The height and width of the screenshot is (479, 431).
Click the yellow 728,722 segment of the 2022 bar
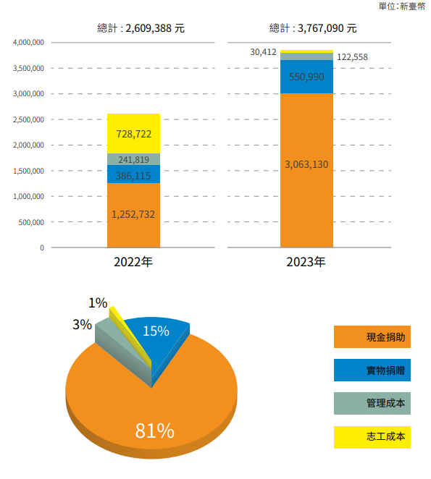click(133, 133)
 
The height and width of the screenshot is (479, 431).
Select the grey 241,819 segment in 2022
click(133, 159)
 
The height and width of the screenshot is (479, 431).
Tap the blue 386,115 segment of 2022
click(133, 174)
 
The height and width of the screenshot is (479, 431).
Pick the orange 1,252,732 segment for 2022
click(133, 215)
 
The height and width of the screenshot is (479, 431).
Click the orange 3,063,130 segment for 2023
click(306, 170)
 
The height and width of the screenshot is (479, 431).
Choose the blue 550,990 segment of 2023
click(306, 77)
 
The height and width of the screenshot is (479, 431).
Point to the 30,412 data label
click(263, 52)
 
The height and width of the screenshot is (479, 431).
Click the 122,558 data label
click(352, 57)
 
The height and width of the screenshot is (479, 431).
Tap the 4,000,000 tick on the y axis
click(28, 42)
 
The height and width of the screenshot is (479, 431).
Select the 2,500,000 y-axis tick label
click(28, 119)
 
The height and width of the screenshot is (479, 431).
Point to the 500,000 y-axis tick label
click(31, 222)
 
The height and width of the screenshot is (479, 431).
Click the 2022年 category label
click(133, 262)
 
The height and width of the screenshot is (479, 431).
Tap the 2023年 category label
click(306, 262)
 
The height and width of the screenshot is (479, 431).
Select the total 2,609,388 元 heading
click(141, 28)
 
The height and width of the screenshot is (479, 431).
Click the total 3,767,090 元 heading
click(313, 28)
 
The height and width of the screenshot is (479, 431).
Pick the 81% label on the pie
click(155, 431)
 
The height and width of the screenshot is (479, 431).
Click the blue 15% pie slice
click(159, 339)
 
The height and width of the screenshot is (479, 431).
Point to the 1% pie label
click(98, 303)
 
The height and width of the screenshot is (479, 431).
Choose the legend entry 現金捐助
click(372, 337)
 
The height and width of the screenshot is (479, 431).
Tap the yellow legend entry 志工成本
click(372, 437)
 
